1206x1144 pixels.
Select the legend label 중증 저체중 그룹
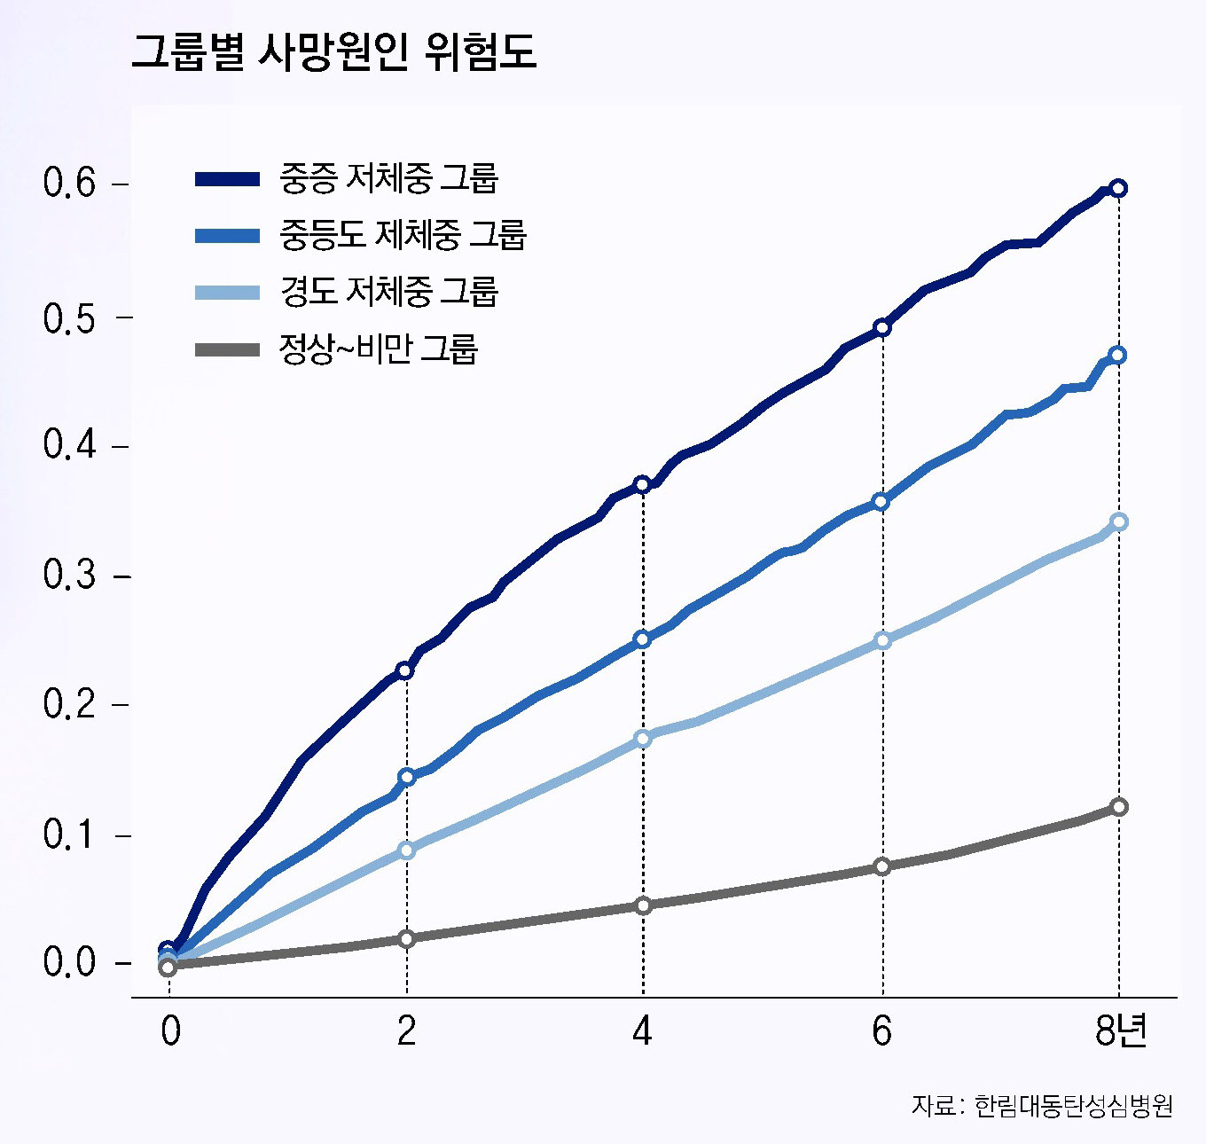pyautogui.click(x=388, y=178)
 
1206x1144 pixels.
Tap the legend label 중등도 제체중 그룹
pyautogui.click(x=403, y=235)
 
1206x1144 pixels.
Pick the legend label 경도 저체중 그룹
pyautogui.click(x=388, y=291)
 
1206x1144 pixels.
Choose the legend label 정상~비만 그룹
pyautogui.click(x=379, y=349)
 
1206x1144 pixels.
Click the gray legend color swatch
pyautogui.click(x=227, y=349)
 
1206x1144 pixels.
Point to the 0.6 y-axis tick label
pyautogui.click(x=69, y=184)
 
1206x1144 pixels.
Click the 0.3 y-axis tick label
pyautogui.click(x=69, y=576)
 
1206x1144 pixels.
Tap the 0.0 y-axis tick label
pyautogui.click(x=69, y=962)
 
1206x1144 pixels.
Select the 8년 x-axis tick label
pyautogui.click(x=1121, y=1030)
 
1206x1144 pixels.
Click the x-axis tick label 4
pyautogui.click(x=642, y=1030)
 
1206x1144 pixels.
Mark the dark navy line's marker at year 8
pyautogui.click(x=1118, y=188)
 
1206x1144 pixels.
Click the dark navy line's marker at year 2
pyautogui.click(x=405, y=670)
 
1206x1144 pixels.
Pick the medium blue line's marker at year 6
pyautogui.click(x=881, y=502)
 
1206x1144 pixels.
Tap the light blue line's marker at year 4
pyautogui.click(x=643, y=738)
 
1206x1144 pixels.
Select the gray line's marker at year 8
pyautogui.click(x=1119, y=807)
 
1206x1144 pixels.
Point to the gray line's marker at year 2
pyautogui.click(x=406, y=938)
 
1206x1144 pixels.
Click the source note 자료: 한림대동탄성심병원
pyautogui.click(x=1042, y=1106)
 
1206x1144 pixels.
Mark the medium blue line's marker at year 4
pyautogui.click(x=643, y=639)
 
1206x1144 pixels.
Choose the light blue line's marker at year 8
pyautogui.click(x=1119, y=521)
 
